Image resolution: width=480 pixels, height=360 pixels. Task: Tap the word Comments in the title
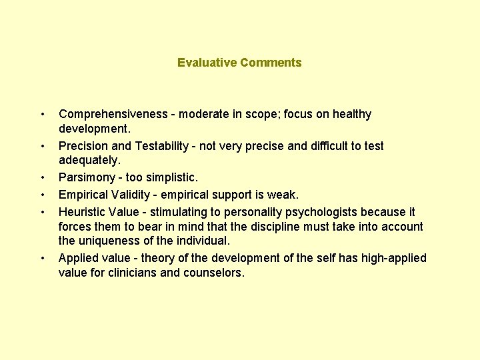(271, 63)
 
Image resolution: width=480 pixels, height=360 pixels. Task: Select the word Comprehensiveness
(113, 114)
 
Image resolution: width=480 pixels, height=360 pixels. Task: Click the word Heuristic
(83, 212)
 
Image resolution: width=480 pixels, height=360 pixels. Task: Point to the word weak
(287, 195)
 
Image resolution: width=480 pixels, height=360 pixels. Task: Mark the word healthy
(350, 114)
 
